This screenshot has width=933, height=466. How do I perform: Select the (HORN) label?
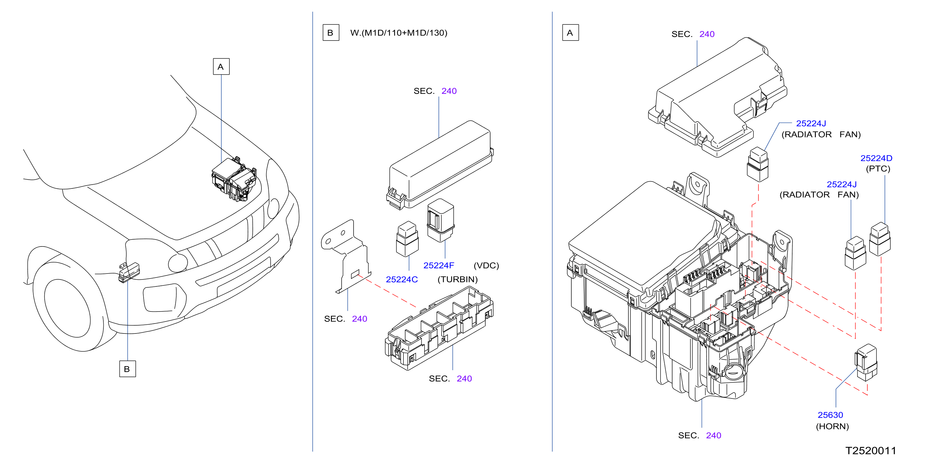(x=832, y=426)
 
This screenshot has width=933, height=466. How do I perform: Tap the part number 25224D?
(x=876, y=158)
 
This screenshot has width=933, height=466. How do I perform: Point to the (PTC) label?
(x=878, y=169)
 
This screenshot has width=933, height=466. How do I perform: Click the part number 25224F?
(x=439, y=265)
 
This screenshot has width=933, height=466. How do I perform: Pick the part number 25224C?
(x=402, y=279)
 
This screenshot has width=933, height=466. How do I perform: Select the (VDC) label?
(x=486, y=266)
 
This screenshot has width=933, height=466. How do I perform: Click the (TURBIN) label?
(x=458, y=279)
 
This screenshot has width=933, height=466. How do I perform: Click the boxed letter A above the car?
(x=221, y=67)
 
